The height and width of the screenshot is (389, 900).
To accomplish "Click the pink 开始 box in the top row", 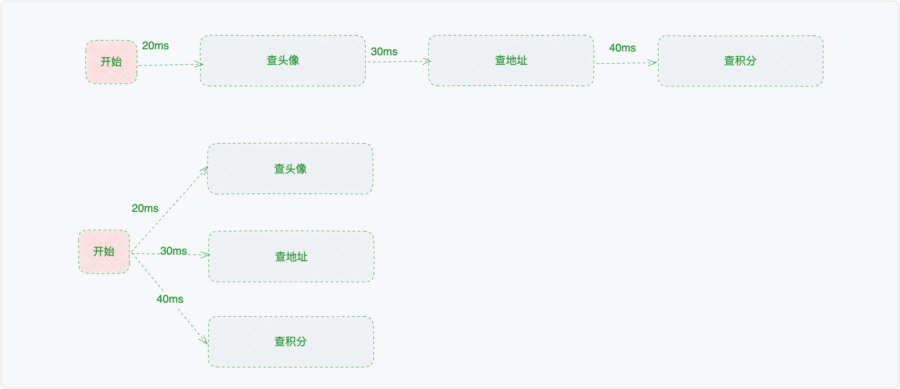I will (x=111, y=62).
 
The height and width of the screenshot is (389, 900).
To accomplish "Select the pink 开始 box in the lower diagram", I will (x=104, y=252).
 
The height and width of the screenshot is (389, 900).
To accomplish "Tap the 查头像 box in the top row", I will (x=283, y=61).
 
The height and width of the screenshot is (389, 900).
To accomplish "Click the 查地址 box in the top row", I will (x=511, y=61).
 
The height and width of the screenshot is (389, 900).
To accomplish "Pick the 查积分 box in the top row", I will (x=740, y=61).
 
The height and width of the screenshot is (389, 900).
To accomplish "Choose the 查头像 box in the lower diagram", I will (x=290, y=169).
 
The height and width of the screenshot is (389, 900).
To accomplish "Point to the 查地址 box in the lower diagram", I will (x=291, y=257).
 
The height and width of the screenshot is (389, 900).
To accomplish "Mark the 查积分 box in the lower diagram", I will (x=291, y=342).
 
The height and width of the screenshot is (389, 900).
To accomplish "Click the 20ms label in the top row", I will (x=155, y=46).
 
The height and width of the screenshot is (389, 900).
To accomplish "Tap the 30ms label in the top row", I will (x=384, y=52).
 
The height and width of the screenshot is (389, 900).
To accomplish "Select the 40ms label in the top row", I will (x=622, y=48).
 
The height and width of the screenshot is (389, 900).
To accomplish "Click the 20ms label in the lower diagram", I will (x=145, y=209).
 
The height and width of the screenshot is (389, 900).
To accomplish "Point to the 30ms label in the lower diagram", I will (x=174, y=251).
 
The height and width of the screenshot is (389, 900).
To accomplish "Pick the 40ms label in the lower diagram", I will (x=170, y=299).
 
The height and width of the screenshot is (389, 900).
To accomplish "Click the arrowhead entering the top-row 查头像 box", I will (x=200, y=64).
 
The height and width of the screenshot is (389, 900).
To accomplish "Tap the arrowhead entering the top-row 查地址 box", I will (x=428, y=61).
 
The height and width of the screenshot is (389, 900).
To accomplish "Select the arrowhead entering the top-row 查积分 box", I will (x=653, y=63).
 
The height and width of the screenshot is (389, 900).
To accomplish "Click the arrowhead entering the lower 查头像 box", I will (x=205, y=169).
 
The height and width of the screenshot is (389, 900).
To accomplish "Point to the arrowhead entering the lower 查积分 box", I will (x=204, y=340).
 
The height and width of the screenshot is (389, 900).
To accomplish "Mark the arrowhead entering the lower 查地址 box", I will (x=206, y=255).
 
